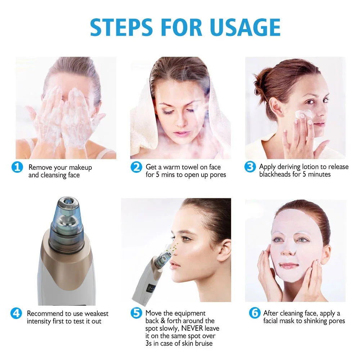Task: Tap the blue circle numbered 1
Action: pyautogui.click(x=17, y=167)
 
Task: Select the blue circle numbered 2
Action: pyautogui.click(x=136, y=167)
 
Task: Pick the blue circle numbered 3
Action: pyautogui.click(x=250, y=167)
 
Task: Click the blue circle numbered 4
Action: pyautogui.click(x=17, y=313)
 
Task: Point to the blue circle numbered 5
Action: pyautogui.click(x=136, y=313)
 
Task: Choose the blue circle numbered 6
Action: pyautogui.click(x=255, y=313)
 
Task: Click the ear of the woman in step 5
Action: pyautogui.click(x=224, y=249)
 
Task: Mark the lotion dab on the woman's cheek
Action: pyautogui.click(x=300, y=113)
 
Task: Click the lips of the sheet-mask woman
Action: pyautogui.click(x=289, y=266)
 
